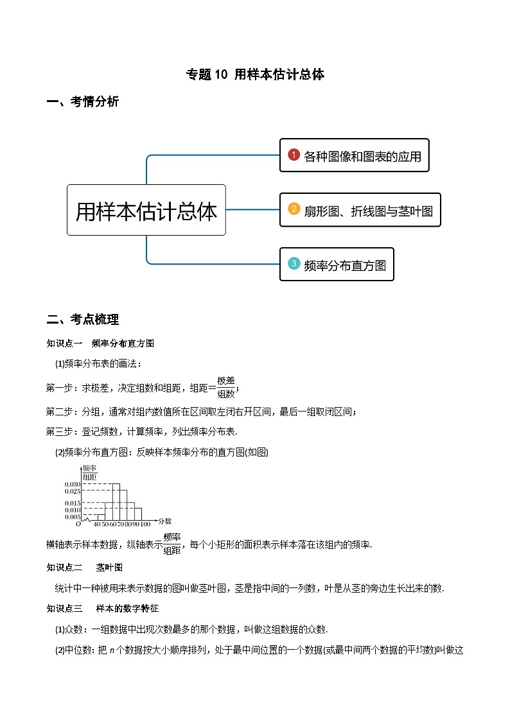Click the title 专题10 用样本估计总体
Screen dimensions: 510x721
tap(255, 74)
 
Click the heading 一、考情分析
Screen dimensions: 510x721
tap(83, 101)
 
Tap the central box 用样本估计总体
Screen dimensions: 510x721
tap(146, 211)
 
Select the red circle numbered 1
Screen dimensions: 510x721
tap(294, 155)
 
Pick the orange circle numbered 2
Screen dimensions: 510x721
tap(294, 209)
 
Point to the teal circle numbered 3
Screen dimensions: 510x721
tap(294, 264)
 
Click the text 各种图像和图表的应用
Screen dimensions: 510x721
tap(362, 156)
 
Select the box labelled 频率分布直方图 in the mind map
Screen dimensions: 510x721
tap(337, 265)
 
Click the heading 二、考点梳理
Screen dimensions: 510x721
tap(83, 319)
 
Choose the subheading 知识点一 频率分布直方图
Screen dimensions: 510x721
tap(100, 343)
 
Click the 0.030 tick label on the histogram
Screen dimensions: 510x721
tap(72, 483)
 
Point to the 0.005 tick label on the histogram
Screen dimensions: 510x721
tap(72, 516)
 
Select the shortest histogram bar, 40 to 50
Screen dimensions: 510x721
tap(101, 516)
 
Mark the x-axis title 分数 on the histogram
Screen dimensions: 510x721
tap(164, 521)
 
